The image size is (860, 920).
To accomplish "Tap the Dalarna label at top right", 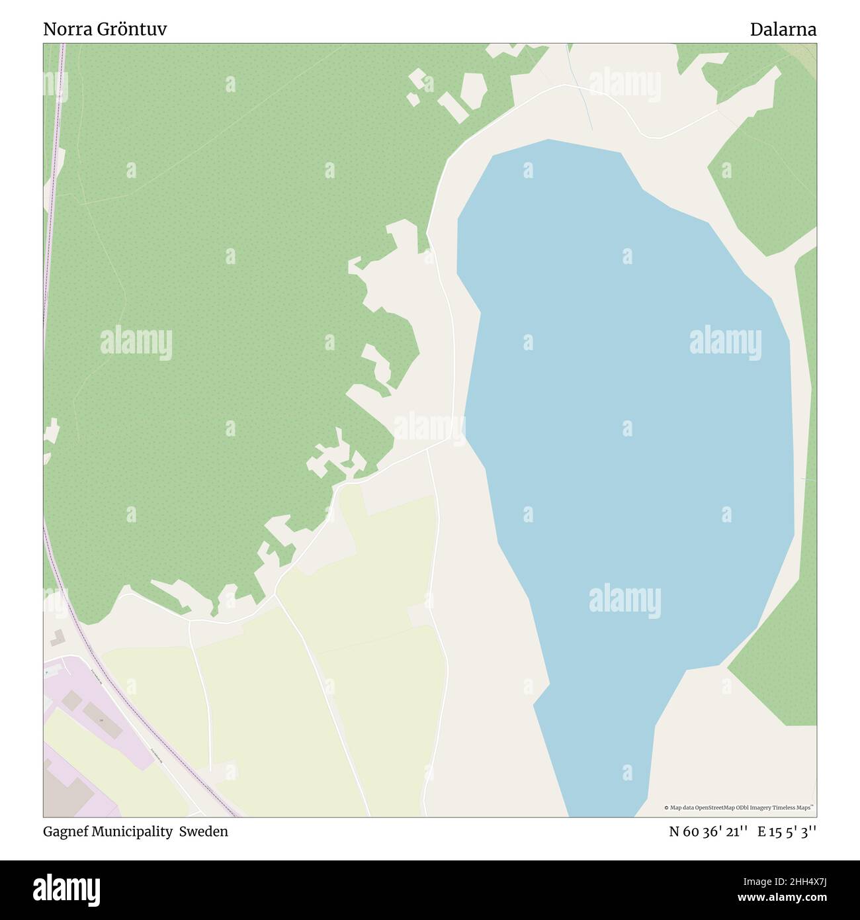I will coord(783,30).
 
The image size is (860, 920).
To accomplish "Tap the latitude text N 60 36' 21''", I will coord(709,832).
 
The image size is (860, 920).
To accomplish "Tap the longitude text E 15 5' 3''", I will coord(787,832).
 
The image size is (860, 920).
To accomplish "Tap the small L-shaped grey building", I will coord(56,637).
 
